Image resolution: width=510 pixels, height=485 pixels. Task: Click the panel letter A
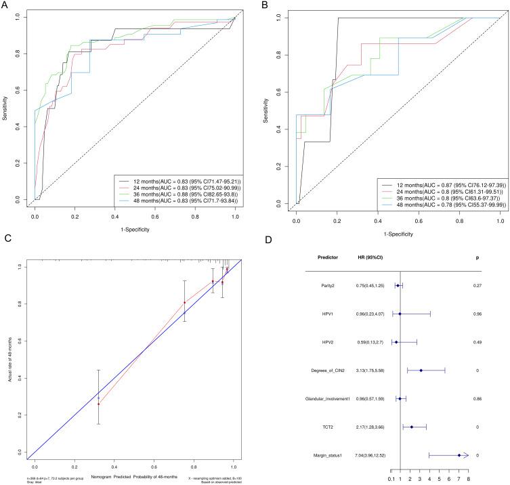click(x=5, y=5)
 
